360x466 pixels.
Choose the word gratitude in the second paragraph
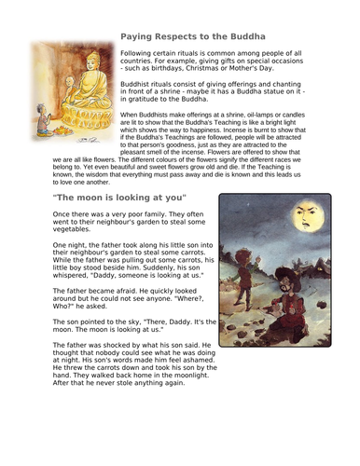tap(159, 100)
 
